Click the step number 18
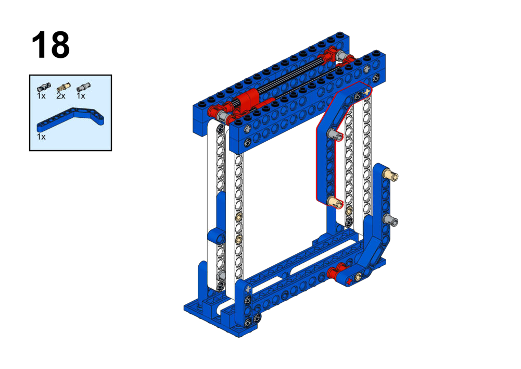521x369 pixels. [50, 45]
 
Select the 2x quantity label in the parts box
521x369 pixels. [61, 96]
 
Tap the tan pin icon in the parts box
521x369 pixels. [63, 87]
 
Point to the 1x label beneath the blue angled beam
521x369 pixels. [41, 137]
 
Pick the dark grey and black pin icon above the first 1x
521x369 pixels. [44, 87]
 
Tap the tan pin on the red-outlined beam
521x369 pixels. [335, 202]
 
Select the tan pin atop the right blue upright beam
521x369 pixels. [390, 175]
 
